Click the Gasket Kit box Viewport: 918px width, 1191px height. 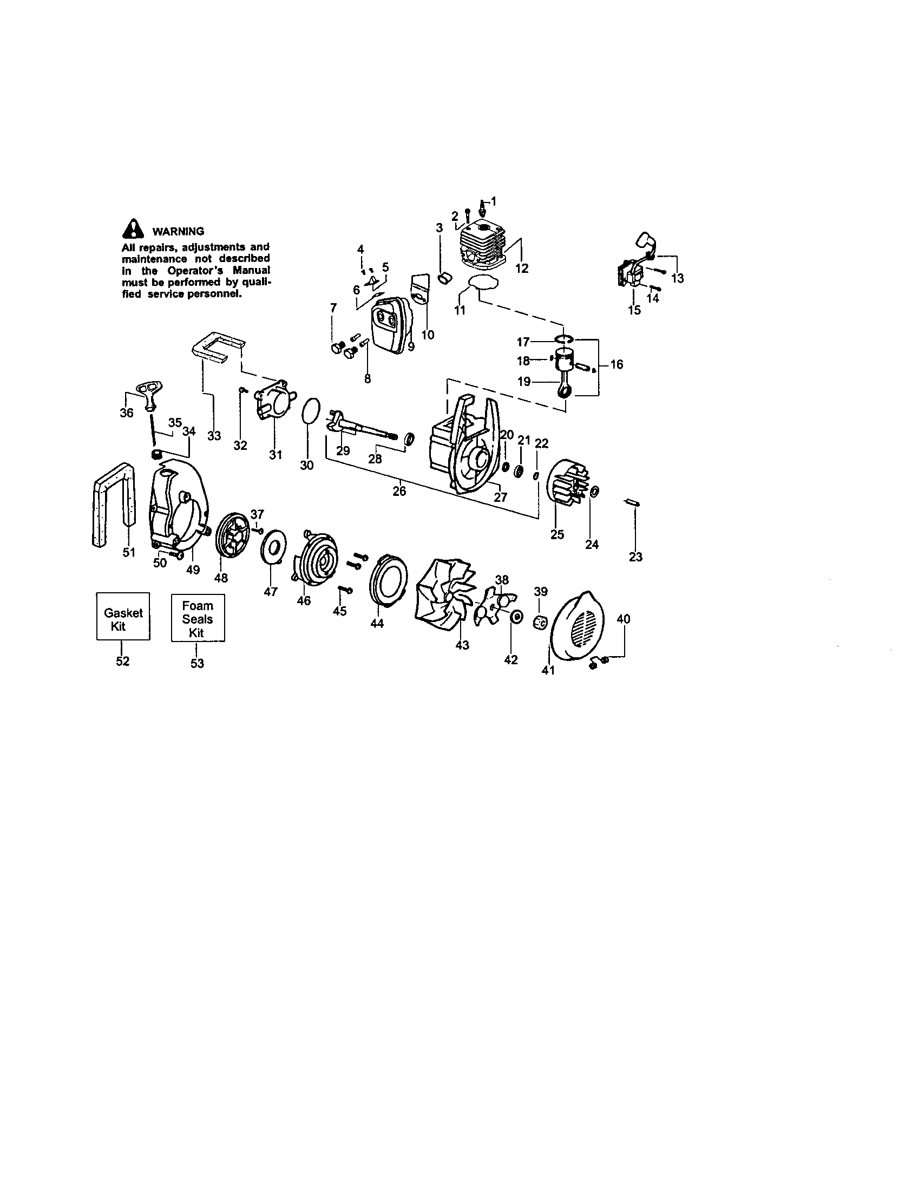tap(123, 616)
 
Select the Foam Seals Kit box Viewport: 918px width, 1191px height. tap(198, 618)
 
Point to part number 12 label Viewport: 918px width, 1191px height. tap(522, 269)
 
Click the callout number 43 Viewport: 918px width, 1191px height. tap(462, 645)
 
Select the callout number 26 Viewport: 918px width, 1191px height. tap(399, 491)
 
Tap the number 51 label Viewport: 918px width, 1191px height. tap(129, 552)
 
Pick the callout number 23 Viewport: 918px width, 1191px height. tap(635, 557)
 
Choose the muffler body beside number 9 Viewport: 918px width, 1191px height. tap(390, 328)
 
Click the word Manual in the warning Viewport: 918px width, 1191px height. tap(251, 271)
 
